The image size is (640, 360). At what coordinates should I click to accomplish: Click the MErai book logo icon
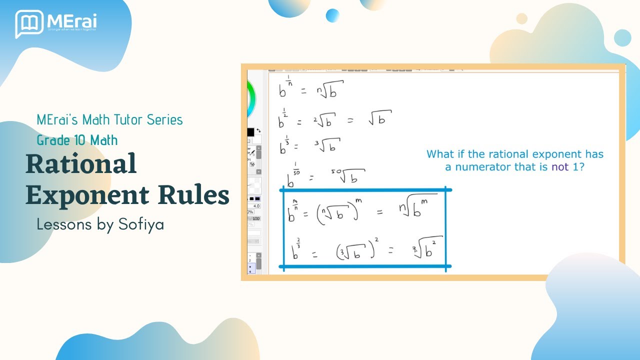[x=29, y=23]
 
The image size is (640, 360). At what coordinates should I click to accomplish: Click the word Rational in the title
[x=81, y=164]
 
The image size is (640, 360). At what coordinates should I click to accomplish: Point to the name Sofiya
[x=141, y=224]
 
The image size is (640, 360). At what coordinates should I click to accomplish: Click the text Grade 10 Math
[x=77, y=140]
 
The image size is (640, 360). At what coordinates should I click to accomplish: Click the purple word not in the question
[x=560, y=167]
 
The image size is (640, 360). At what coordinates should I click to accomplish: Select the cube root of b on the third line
[x=328, y=145]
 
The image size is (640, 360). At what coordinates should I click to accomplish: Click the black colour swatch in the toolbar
[x=250, y=132]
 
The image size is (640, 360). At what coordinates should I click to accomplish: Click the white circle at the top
[x=521, y=18]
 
